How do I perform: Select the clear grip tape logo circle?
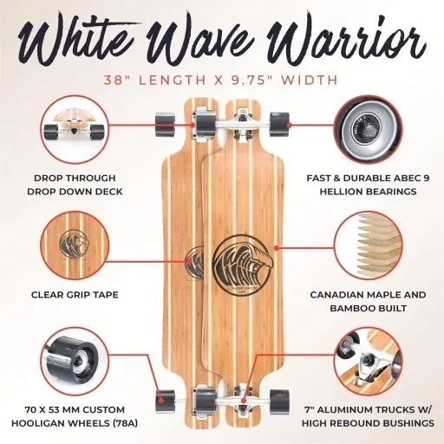(x=76, y=245)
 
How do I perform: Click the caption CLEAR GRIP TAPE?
(x=76, y=295)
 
